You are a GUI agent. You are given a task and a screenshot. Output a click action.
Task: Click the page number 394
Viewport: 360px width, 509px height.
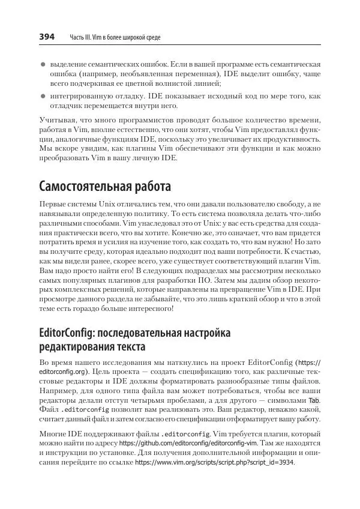click(x=47, y=37)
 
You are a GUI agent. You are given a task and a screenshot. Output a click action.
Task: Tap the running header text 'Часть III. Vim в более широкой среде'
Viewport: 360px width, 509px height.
click(x=112, y=38)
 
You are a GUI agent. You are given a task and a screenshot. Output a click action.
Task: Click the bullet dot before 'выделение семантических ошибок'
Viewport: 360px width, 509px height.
click(x=43, y=64)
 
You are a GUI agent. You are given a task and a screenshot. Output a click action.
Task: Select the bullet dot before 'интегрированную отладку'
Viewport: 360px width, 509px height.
click(x=43, y=95)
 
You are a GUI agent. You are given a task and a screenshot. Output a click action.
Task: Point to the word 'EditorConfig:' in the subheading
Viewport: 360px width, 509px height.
click(x=67, y=332)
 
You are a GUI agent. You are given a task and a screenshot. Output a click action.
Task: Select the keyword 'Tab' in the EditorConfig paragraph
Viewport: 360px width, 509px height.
click(x=314, y=400)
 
